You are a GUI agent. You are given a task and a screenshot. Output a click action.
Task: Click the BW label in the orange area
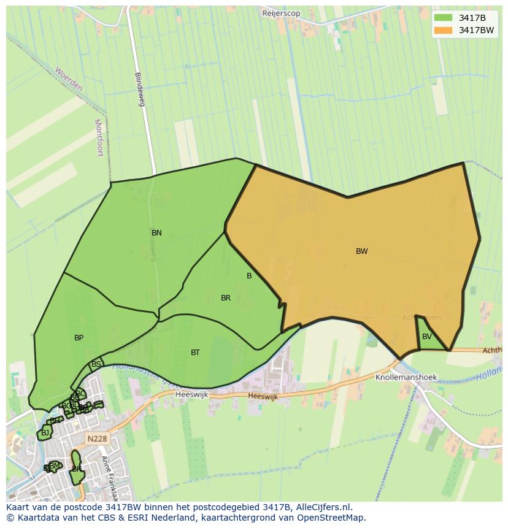pos(361,251)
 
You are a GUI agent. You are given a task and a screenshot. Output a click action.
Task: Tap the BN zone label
pos(156,233)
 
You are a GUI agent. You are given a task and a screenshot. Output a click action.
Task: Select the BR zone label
pos(226,298)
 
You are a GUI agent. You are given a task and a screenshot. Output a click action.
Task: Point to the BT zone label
pos(195,353)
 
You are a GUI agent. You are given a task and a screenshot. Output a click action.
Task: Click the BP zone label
pos(79,338)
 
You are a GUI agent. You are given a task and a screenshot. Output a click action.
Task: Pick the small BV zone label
pos(426,337)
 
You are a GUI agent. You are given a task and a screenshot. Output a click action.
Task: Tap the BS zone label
pos(96,364)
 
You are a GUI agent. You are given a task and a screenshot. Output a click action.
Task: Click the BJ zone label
pos(45,433)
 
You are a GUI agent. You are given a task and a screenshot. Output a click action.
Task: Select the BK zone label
pos(76,469)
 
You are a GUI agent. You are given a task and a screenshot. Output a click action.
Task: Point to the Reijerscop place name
pos(281,13)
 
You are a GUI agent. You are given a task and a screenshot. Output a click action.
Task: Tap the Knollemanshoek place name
pos(406,378)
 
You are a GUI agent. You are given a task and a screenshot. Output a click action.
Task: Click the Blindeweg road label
pos(140,90)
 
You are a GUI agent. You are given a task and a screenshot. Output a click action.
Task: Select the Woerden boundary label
pos(68,79)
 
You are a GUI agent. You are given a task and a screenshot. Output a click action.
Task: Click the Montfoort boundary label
pos(99,137)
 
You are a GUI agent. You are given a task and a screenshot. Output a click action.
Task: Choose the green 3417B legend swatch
pos(442,18)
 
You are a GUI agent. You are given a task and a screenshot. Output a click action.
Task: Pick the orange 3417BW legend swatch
pos(442,30)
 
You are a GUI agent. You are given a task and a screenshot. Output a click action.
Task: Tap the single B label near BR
pos(249,276)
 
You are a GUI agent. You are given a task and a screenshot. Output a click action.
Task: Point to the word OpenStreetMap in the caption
pos(332,518)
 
